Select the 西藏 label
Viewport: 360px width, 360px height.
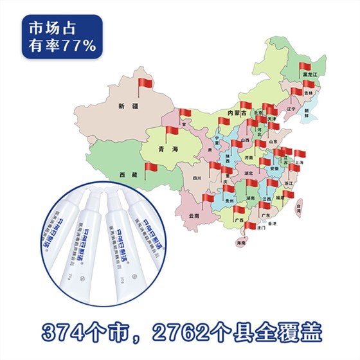(129, 175)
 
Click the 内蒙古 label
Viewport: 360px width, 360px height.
(229, 113)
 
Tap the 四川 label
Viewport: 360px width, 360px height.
(197, 178)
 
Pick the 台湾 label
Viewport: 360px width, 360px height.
(299, 206)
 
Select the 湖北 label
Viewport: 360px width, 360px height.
(249, 172)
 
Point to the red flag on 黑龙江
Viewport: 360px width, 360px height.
(304, 66)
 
